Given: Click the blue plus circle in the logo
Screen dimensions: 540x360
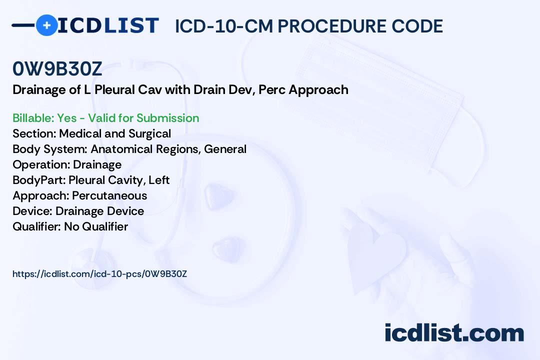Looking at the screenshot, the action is click(46, 25).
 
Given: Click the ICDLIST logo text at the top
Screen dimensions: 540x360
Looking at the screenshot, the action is click(108, 25).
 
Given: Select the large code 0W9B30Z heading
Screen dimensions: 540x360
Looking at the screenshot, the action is click(57, 69).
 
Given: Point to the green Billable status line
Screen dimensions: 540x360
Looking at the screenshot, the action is click(105, 118).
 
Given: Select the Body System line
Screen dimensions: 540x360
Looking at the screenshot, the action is click(129, 149).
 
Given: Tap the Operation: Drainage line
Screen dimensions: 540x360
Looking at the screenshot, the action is click(67, 164).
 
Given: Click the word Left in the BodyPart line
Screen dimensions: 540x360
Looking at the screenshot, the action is click(159, 180).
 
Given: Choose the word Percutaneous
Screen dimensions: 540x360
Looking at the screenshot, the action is click(109, 195).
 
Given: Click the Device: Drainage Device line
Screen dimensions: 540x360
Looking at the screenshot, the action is click(78, 211).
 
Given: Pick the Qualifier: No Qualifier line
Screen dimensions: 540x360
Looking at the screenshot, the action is click(70, 226).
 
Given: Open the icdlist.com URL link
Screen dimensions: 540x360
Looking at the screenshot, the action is click(100, 274).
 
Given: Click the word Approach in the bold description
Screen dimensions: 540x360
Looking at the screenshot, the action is click(318, 90).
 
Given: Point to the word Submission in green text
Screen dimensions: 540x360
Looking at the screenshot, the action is click(167, 118).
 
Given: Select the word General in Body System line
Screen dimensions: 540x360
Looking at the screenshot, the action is click(225, 149).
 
